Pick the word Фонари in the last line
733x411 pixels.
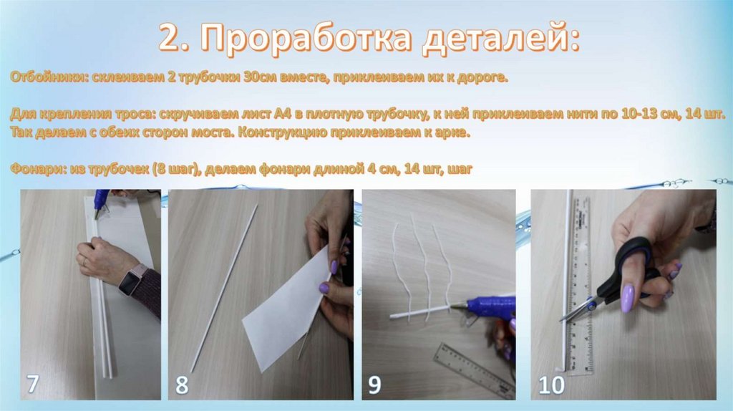(39, 168)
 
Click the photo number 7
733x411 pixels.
(32, 385)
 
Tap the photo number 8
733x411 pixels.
(182, 385)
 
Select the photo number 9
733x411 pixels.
(375, 385)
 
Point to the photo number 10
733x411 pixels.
(552, 385)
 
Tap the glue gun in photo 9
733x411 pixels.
(486, 309)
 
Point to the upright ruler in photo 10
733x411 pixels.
(581, 285)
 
